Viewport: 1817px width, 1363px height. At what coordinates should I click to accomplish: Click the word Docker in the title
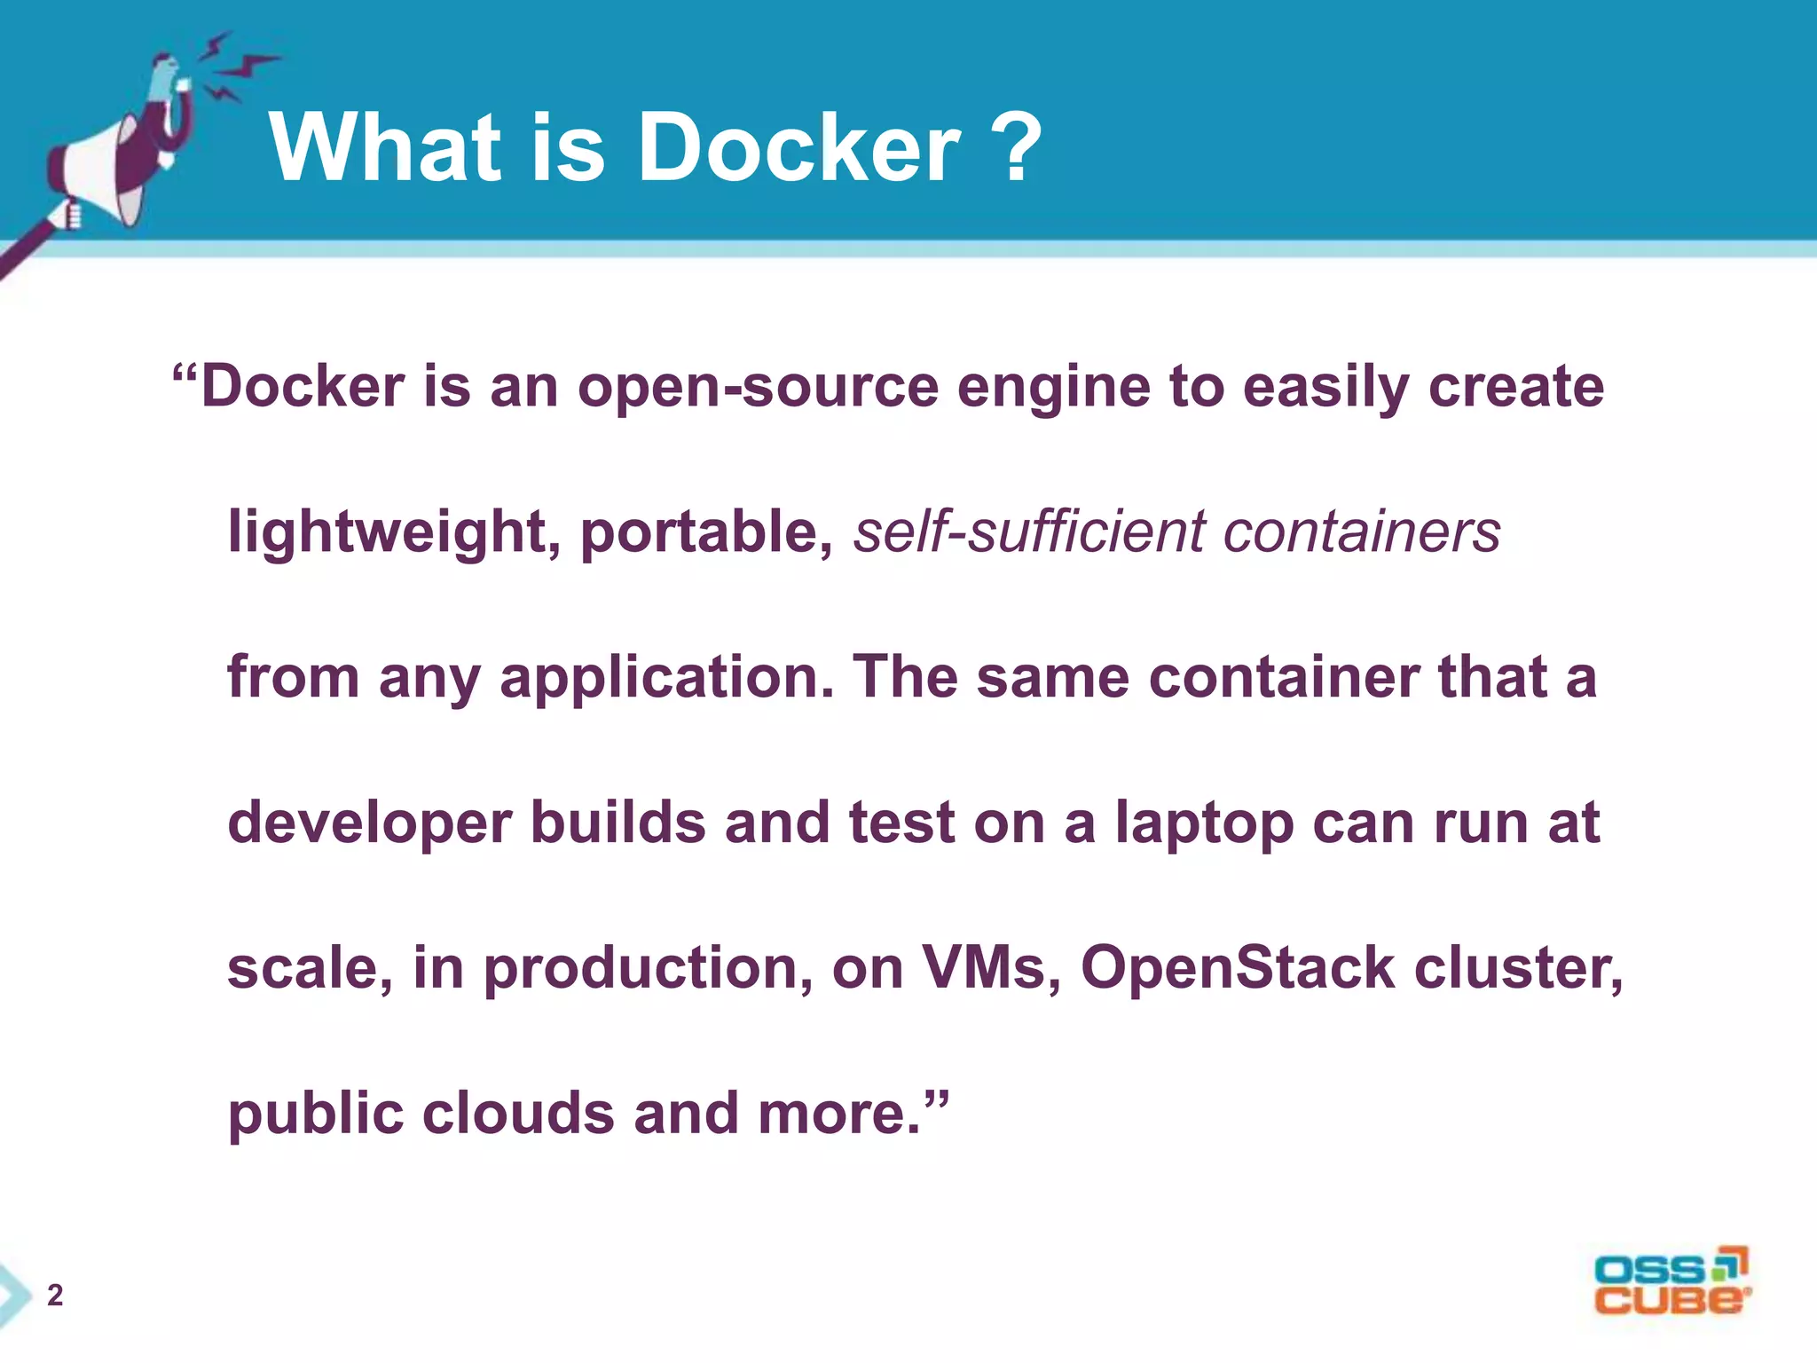[x=798, y=147]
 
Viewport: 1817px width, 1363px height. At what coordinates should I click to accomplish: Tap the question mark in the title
[x=1012, y=147]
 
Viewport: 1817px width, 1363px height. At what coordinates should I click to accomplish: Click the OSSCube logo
[x=1671, y=1281]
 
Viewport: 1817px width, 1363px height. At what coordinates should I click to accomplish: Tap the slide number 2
[x=55, y=1296]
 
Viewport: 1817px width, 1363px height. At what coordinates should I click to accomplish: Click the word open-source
[x=758, y=389]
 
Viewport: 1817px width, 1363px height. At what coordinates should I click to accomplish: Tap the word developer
[x=369, y=823]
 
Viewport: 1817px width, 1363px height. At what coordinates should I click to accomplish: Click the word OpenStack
[x=1238, y=967]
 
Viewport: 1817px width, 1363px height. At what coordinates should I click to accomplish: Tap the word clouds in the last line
[x=518, y=1113]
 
